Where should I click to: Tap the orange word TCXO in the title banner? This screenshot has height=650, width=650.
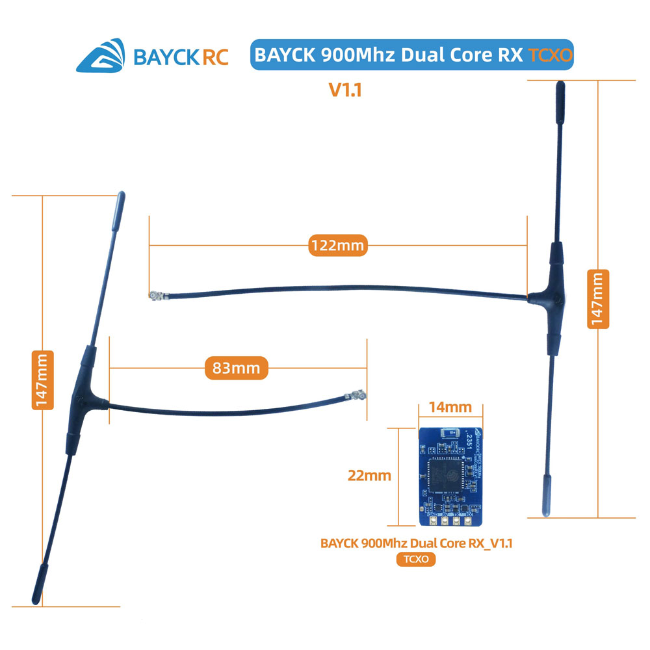click(550, 55)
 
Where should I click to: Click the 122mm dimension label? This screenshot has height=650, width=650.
click(336, 246)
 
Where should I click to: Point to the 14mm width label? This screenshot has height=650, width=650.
click(450, 408)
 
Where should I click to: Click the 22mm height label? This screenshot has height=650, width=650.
click(369, 475)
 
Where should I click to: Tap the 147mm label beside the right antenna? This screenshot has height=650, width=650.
click(598, 299)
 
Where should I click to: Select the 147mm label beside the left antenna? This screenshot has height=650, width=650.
click(42, 381)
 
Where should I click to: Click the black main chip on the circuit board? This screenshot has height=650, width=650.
click(447, 474)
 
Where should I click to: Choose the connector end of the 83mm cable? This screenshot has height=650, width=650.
click(356, 395)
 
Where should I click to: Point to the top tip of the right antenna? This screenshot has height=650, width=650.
click(558, 88)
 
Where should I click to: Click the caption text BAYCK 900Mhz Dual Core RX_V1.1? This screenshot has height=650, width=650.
click(416, 543)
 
